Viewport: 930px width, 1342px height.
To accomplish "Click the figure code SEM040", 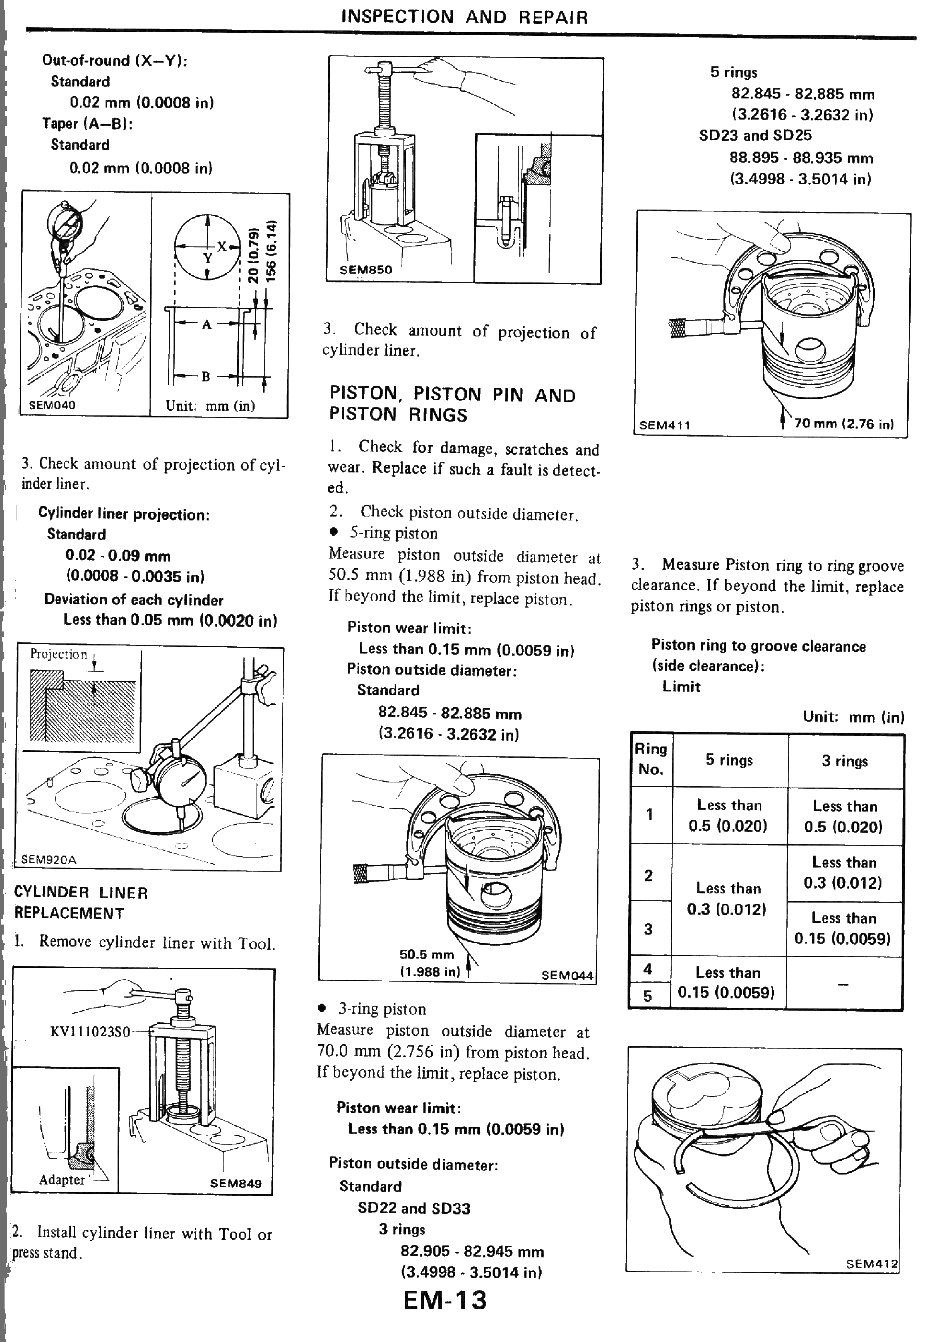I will pyautogui.click(x=52, y=405).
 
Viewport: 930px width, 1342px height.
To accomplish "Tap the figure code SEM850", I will pyautogui.click(x=366, y=270).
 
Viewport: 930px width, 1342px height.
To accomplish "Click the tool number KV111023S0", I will pyautogui.click(x=90, y=1032).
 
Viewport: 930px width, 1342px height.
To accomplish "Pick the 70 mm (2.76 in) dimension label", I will pyautogui.click(x=844, y=424).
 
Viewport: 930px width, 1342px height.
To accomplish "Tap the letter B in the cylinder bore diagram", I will pyautogui.click(x=206, y=376).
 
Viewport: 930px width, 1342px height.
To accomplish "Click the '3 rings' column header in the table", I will pyautogui.click(x=844, y=761).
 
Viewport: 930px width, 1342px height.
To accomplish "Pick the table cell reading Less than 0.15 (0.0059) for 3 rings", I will pyautogui.click(x=843, y=928).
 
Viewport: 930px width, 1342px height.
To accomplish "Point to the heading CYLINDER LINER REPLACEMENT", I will pyautogui.click(x=81, y=903).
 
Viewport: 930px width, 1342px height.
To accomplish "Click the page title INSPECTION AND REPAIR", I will pyautogui.click(x=464, y=17).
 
